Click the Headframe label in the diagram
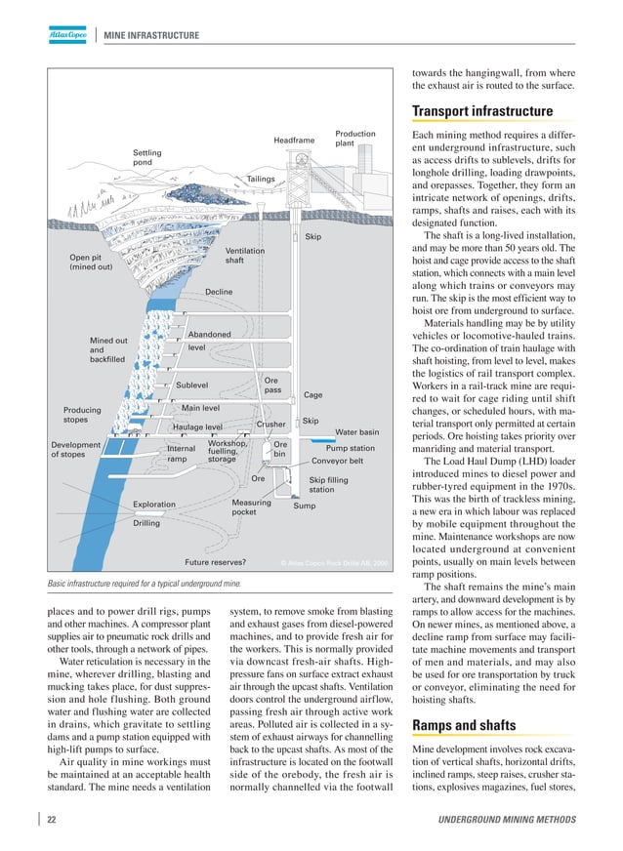coord(294,141)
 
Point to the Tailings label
coord(261,180)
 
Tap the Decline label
coord(219,292)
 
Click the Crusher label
coord(270,425)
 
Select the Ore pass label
coord(272,385)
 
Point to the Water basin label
coord(356,431)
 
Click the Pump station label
coord(350,448)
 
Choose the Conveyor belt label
coord(337,461)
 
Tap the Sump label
coord(304,506)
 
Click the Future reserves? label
coord(215,562)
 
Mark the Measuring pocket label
coord(251,507)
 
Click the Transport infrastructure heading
coord(482,110)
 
